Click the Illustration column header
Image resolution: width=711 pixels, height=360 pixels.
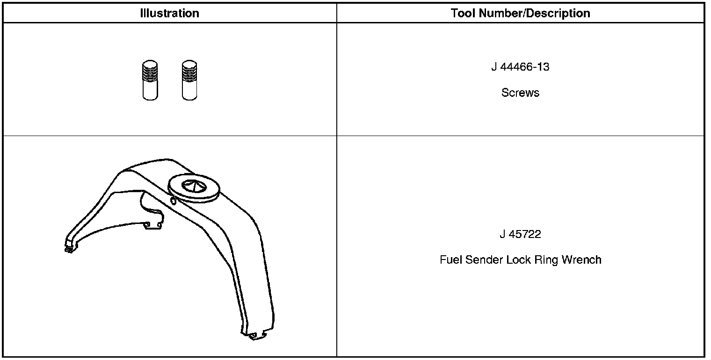point(169,13)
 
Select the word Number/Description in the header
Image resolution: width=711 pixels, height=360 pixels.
point(535,13)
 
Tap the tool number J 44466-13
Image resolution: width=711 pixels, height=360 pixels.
point(520,67)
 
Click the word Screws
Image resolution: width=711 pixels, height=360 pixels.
point(520,93)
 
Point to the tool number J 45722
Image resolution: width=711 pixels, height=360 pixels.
point(520,234)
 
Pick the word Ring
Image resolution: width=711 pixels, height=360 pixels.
point(546,260)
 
